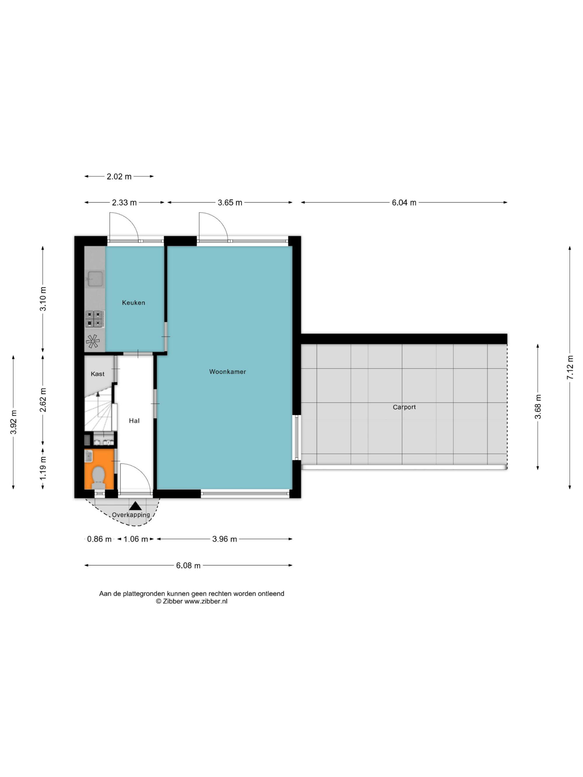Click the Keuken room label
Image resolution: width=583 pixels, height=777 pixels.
[133, 302]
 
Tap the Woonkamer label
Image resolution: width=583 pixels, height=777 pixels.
[227, 372]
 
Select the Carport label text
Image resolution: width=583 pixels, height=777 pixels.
[404, 407]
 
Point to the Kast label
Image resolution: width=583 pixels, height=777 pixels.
[97, 374]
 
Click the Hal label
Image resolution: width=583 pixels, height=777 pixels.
[134, 420]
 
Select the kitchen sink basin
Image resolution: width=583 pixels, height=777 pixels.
[95, 279]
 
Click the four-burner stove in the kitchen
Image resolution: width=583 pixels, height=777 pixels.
[94, 319]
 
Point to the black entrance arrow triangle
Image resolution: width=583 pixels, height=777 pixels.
[135, 506]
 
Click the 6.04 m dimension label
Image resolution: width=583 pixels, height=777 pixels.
[404, 203]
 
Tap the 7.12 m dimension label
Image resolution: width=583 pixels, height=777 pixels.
[570, 367]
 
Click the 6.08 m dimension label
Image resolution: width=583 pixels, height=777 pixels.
[188, 565]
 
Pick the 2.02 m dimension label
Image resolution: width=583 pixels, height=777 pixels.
[119, 176]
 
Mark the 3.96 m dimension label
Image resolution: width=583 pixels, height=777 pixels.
[224, 539]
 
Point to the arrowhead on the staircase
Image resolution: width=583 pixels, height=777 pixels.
[98, 394]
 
